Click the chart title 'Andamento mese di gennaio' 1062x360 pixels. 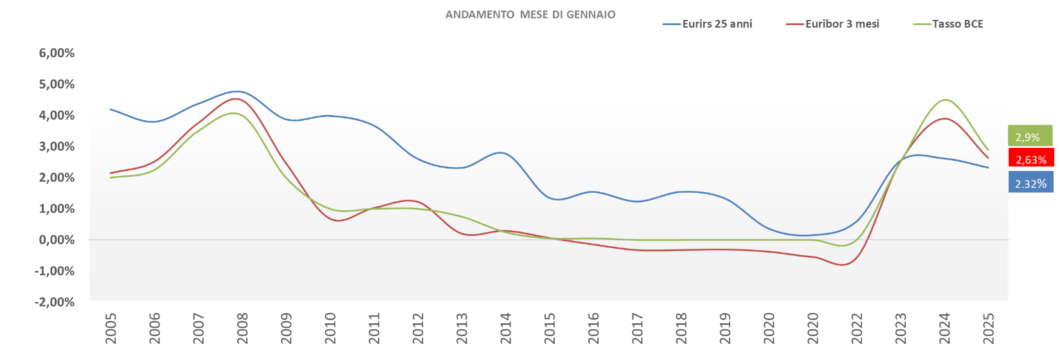click(x=530, y=15)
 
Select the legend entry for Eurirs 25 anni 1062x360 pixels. click(x=708, y=24)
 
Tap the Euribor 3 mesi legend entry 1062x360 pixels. click(x=833, y=24)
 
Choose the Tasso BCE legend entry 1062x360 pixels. click(x=949, y=24)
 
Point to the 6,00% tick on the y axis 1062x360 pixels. click(x=57, y=53)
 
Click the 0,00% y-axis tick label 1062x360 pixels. click(x=57, y=240)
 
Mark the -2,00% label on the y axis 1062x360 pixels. click(x=56, y=303)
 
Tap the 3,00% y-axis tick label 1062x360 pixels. click(x=57, y=147)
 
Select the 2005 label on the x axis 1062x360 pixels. click(x=111, y=328)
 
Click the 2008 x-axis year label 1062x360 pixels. click(x=242, y=328)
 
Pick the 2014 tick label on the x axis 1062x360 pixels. click(x=506, y=328)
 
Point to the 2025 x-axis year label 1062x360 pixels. click(x=989, y=328)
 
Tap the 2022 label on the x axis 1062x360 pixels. click(x=857, y=328)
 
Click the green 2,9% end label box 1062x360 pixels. click(x=1030, y=136)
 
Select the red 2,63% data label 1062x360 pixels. click(x=1031, y=159)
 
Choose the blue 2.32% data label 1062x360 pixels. click(x=1031, y=183)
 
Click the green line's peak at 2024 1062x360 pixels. click(x=945, y=100)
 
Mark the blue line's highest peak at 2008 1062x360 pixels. click(x=239, y=91)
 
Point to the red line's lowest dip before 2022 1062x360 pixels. click(x=842, y=264)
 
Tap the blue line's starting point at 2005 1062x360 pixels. click(x=111, y=109)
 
